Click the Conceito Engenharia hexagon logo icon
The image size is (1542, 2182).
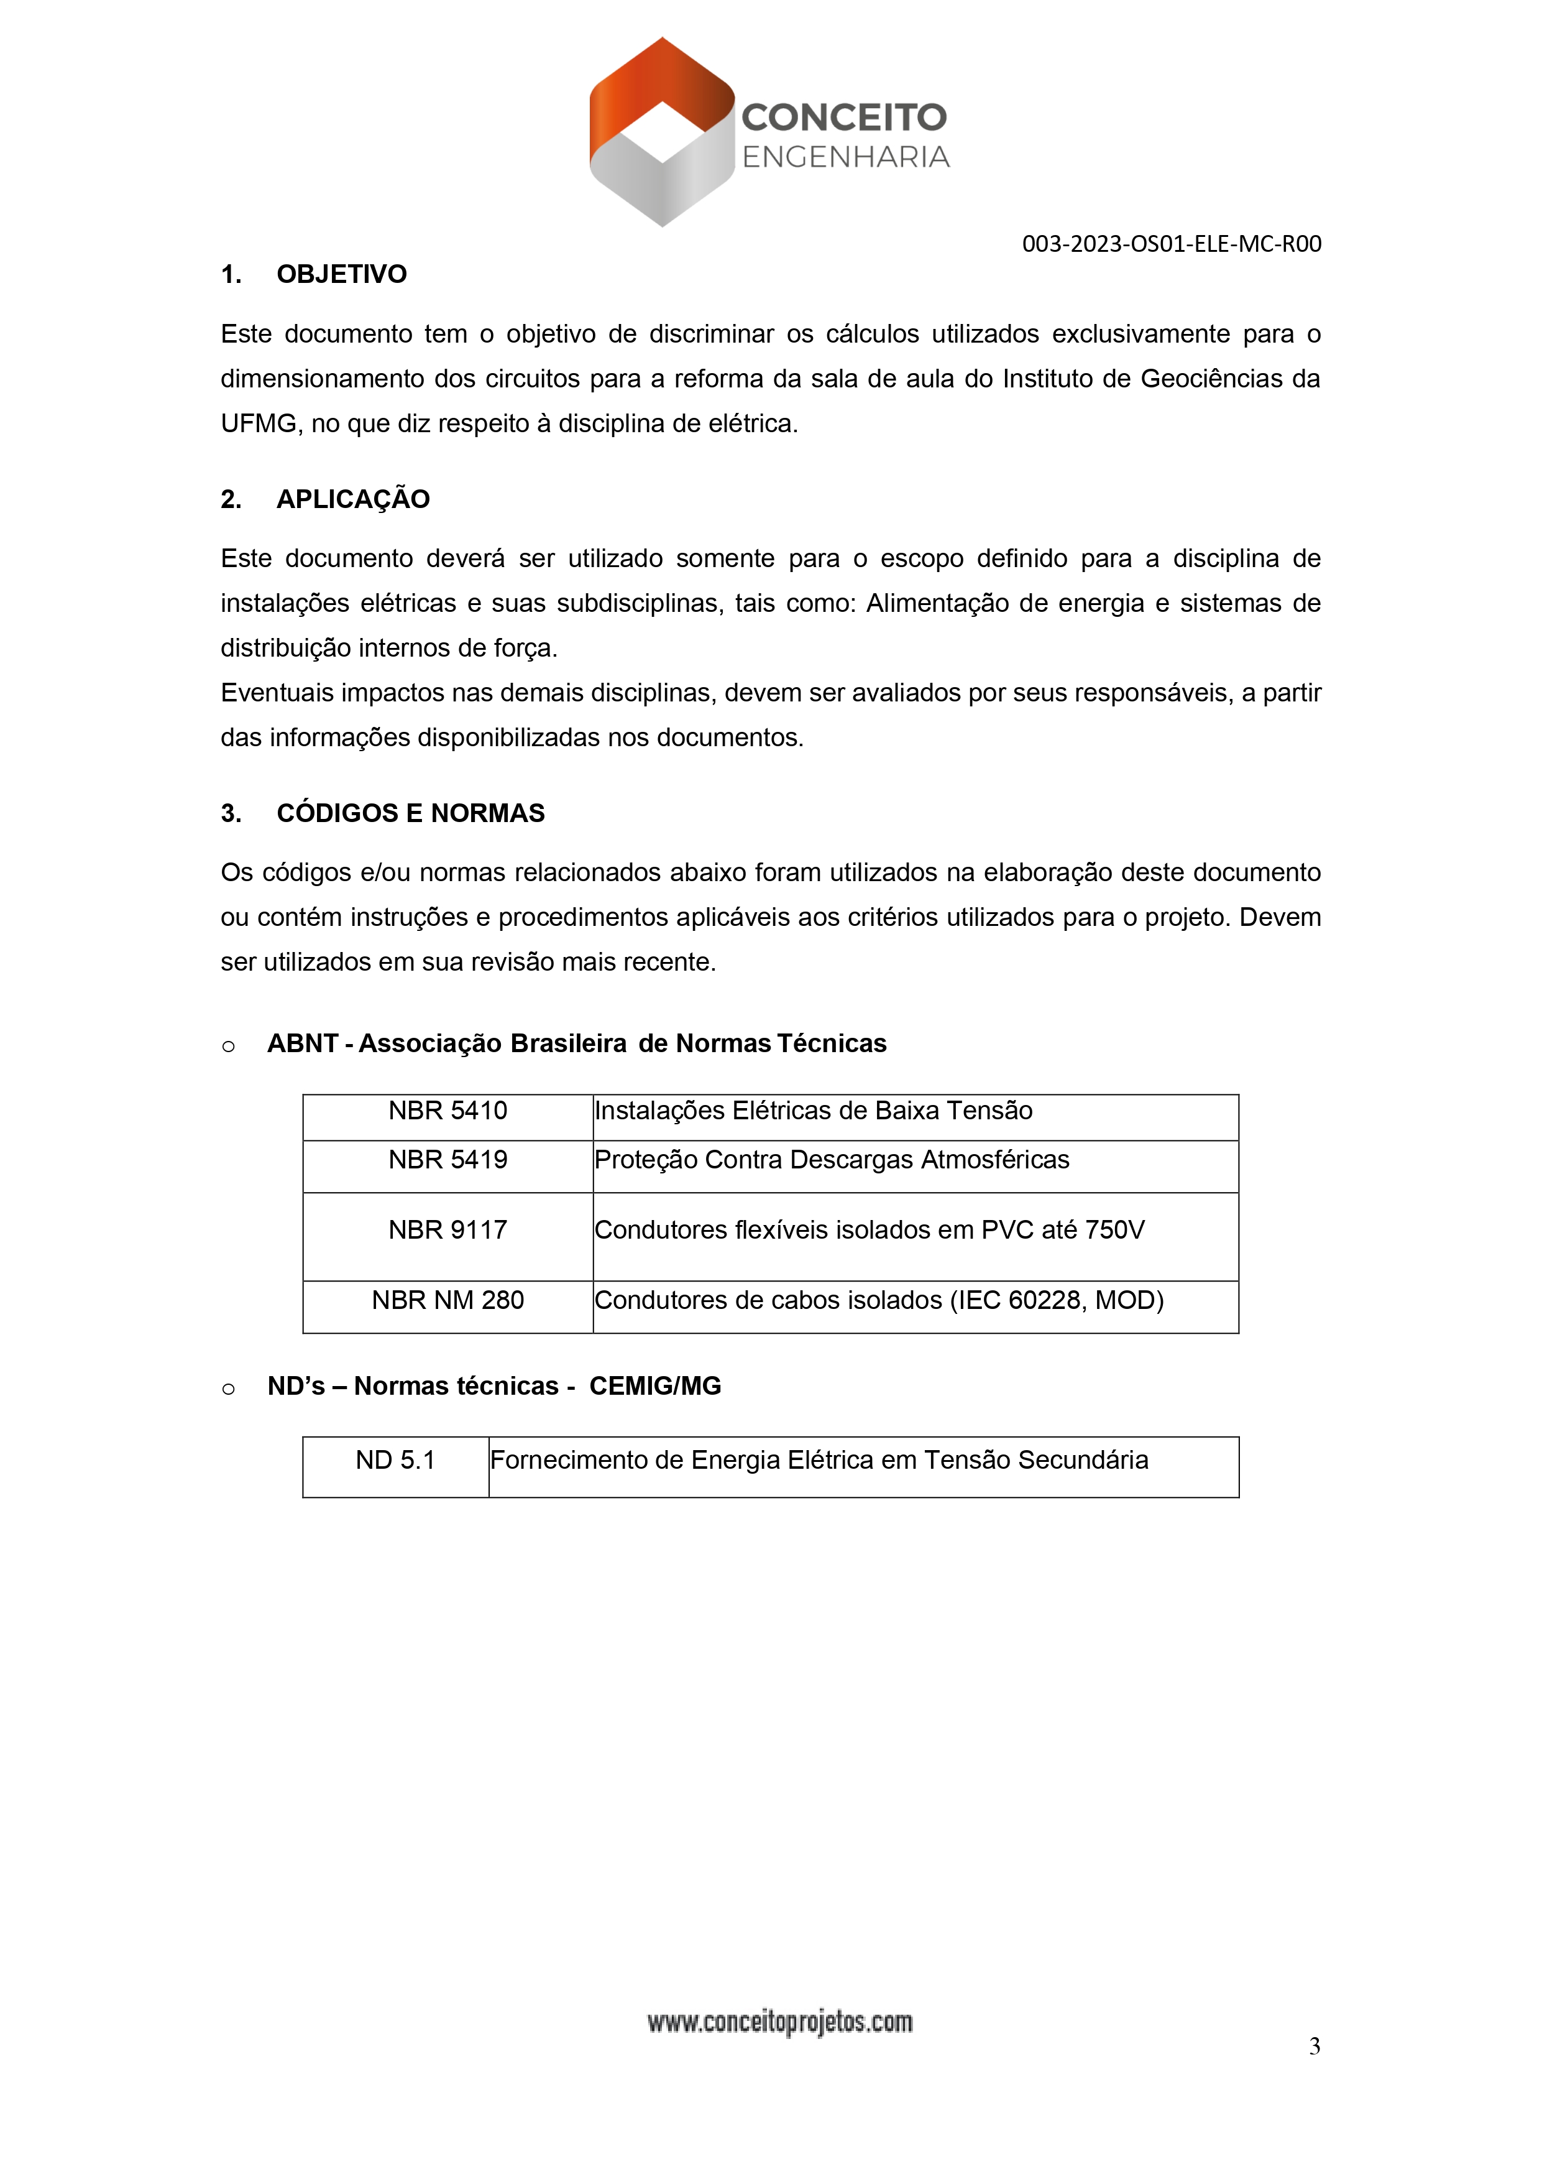coord(662,132)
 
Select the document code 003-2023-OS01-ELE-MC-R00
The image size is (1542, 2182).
coord(1170,244)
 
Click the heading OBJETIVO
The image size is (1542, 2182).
coord(341,275)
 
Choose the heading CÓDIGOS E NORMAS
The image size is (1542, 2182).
coord(410,813)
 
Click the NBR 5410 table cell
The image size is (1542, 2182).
coord(447,1111)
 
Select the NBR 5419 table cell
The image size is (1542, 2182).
coord(447,1160)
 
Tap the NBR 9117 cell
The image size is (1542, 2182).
coord(447,1231)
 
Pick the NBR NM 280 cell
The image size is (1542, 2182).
coord(447,1301)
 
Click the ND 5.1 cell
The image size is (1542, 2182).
coord(395,1461)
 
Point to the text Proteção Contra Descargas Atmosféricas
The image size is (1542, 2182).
coord(832,1160)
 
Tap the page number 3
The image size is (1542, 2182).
coord(1314,2046)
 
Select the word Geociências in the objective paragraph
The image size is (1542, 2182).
coord(1205,379)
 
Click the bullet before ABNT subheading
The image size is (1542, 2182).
coord(228,1047)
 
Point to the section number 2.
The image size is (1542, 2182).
coord(230,500)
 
